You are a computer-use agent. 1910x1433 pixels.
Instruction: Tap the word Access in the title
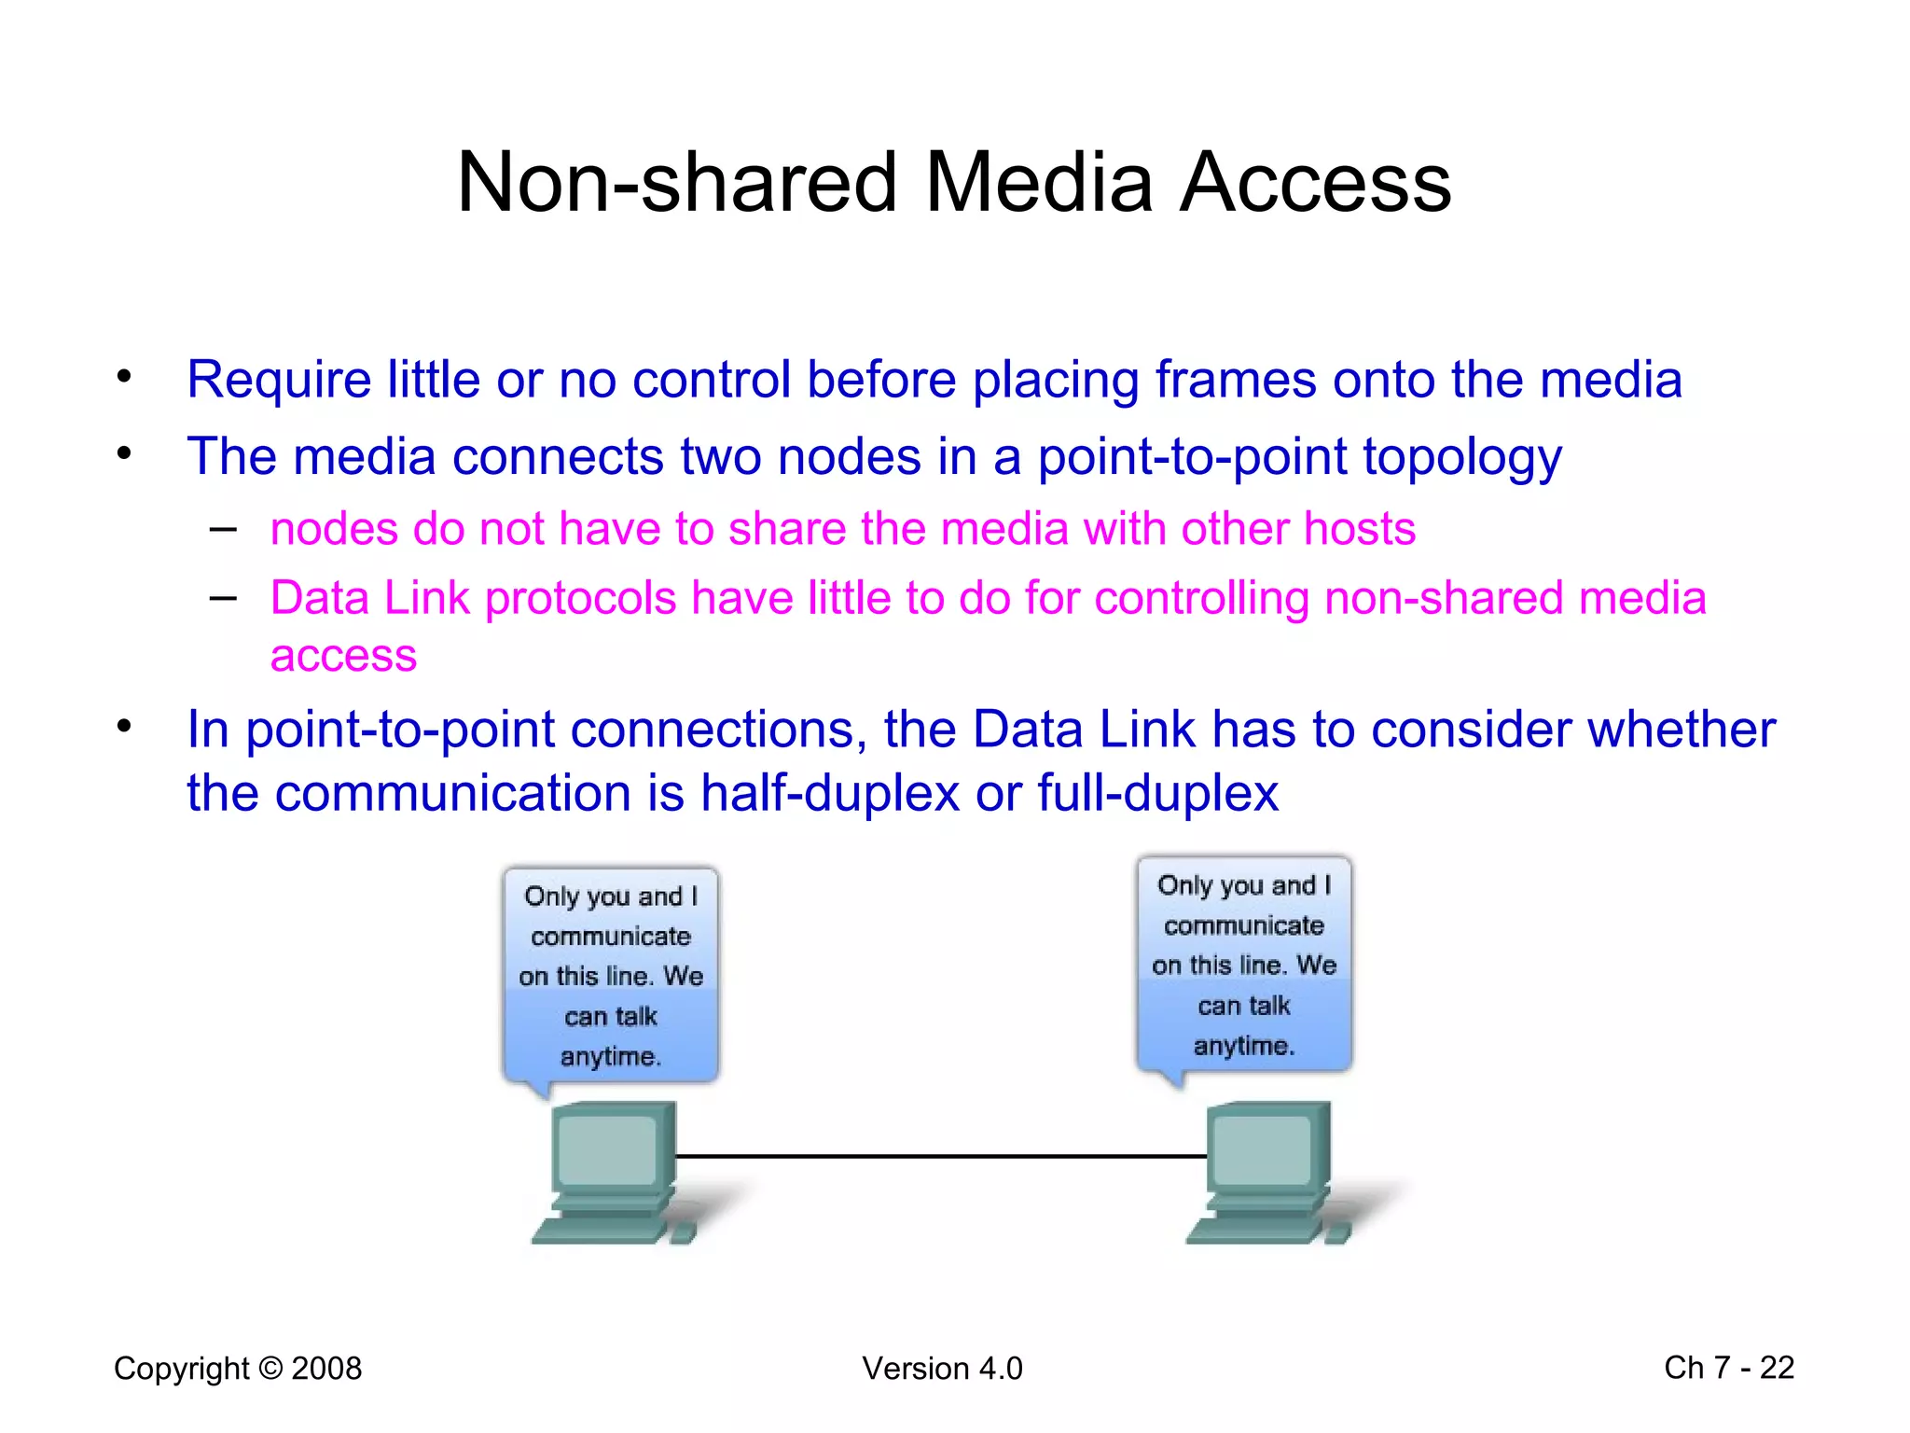click(1315, 182)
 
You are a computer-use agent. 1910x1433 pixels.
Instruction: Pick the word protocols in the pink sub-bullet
click(580, 599)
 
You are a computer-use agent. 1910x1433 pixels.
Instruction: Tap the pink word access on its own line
click(343, 656)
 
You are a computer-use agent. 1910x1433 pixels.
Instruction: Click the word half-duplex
click(830, 794)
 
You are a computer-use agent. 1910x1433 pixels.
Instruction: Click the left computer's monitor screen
click(607, 1150)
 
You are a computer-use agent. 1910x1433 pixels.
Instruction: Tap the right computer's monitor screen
click(1262, 1150)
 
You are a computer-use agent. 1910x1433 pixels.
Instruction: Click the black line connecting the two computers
click(940, 1156)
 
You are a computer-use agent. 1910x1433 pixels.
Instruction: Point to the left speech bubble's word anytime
click(610, 1057)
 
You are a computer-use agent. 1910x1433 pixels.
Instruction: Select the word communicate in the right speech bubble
click(1244, 925)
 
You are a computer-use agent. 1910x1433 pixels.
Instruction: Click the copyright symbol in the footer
click(270, 1369)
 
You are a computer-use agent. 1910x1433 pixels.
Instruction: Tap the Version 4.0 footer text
click(942, 1369)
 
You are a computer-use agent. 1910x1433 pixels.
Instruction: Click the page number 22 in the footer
click(1776, 1368)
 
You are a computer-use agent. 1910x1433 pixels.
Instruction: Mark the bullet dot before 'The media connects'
click(124, 454)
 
